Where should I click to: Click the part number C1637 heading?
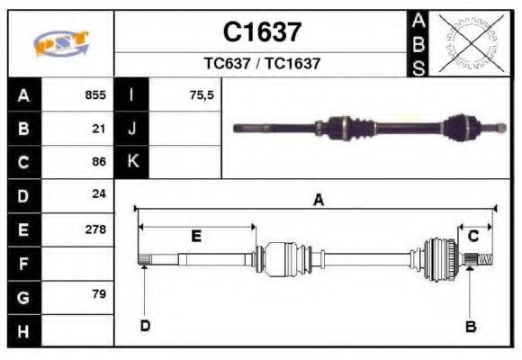pos(261,32)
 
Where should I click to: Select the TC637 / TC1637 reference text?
pos(261,64)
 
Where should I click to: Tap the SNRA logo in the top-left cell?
pos(61,43)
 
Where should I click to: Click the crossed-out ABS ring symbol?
pos(470,42)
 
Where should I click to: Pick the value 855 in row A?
pos(95,94)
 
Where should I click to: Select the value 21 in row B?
pos(99,128)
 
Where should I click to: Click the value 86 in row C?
pos(99,162)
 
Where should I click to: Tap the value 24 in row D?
pos(99,194)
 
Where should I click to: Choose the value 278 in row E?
pos(95,229)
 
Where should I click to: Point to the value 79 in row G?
pos(99,295)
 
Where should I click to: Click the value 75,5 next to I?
pos(202,94)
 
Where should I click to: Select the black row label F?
pos(23,263)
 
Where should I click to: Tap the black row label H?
pos(23,330)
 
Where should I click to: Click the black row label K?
pos(132,162)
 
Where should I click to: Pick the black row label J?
pos(132,128)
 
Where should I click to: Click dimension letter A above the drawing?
pos(318,201)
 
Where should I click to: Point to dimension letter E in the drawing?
pos(196,236)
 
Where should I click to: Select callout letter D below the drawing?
pos(145,326)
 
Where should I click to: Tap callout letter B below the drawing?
pos(470,326)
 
